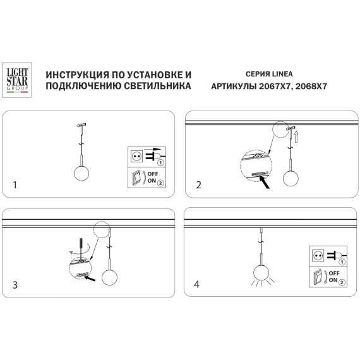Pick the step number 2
199,185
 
